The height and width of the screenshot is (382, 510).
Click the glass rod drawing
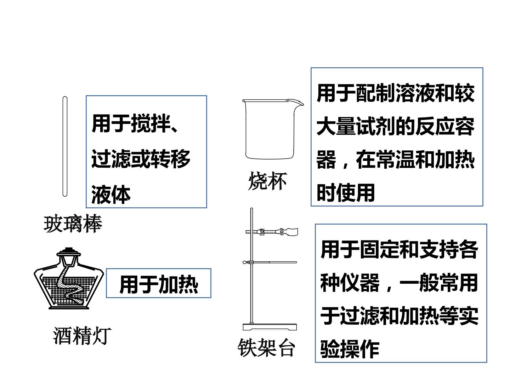(65, 146)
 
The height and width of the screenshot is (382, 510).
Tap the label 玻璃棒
(73, 224)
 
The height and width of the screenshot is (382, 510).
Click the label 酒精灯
(82, 336)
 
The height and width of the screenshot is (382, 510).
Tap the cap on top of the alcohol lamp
(69, 251)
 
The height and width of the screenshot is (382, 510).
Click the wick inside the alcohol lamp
(71, 286)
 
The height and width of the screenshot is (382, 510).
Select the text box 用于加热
(159, 283)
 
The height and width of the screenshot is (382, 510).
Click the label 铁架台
(266, 347)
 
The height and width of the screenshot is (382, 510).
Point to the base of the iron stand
(270, 327)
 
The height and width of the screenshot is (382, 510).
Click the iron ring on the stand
(270, 262)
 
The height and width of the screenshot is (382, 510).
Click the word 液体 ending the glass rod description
(111, 195)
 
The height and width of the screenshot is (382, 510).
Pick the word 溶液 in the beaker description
(415, 93)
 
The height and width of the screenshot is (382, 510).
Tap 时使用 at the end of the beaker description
(346, 192)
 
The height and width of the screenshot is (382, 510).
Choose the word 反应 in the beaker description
(435, 126)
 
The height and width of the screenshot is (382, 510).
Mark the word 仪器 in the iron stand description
(360, 283)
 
